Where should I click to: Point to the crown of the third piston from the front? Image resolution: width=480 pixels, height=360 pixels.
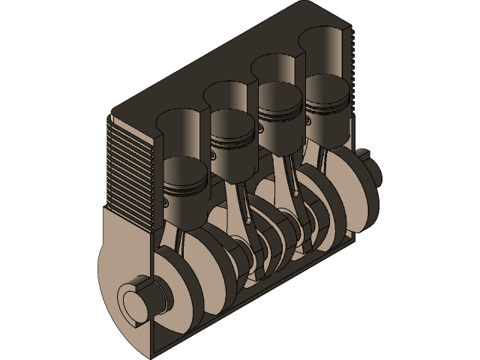pos(279,93)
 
